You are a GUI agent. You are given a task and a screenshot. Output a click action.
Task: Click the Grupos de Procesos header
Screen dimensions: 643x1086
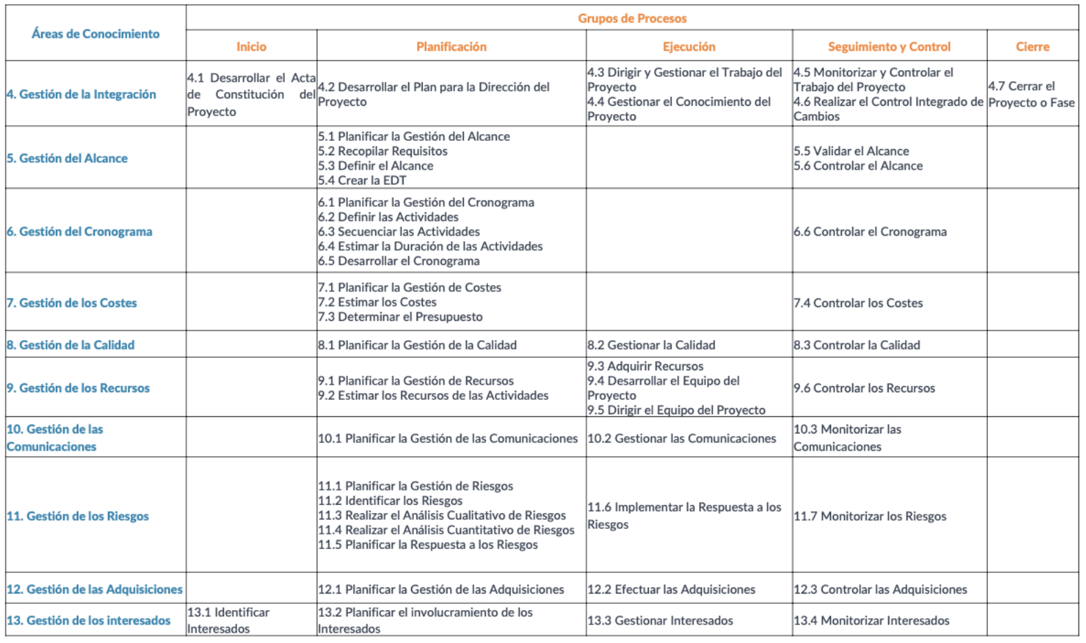coord(632,19)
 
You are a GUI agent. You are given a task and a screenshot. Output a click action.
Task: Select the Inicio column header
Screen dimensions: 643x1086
coord(251,47)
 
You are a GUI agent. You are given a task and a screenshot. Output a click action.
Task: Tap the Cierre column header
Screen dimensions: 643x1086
coord(1032,47)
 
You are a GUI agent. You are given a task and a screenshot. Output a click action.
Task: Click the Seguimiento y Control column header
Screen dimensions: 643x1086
coord(889,47)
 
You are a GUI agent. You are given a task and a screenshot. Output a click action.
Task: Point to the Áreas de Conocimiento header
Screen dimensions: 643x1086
coord(96,34)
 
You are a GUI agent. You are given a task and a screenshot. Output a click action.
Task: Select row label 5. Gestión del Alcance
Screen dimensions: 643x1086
coord(67,158)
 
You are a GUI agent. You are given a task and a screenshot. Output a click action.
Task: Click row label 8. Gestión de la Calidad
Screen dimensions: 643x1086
coord(71,345)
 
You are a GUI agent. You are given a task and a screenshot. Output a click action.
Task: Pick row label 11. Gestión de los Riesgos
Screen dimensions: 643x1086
coord(78,516)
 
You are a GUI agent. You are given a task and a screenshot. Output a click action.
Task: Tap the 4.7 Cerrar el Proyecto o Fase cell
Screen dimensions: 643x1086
coord(1031,94)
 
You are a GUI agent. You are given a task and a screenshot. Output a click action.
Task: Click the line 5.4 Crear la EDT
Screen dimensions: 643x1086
coord(362,181)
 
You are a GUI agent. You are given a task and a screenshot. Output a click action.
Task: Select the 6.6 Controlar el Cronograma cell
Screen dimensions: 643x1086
coord(870,232)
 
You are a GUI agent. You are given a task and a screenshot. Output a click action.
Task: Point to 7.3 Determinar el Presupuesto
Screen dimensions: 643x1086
coord(400,317)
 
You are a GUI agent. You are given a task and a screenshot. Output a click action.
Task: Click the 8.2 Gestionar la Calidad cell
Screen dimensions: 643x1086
coord(651,345)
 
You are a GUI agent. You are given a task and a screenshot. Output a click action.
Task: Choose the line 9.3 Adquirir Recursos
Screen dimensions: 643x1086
coord(645,366)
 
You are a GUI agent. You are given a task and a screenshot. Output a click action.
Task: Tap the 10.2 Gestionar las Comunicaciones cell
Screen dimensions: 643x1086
coord(681,438)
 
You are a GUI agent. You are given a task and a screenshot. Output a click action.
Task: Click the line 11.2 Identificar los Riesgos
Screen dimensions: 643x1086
coord(390,501)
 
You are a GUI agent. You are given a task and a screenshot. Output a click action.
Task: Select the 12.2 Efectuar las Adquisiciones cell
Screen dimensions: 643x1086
coord(671,589)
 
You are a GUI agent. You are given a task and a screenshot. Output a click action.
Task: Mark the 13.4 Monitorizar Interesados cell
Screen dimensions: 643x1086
coord(872,620)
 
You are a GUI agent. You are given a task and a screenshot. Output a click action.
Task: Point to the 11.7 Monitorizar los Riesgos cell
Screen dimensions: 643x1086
coord(870,516)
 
